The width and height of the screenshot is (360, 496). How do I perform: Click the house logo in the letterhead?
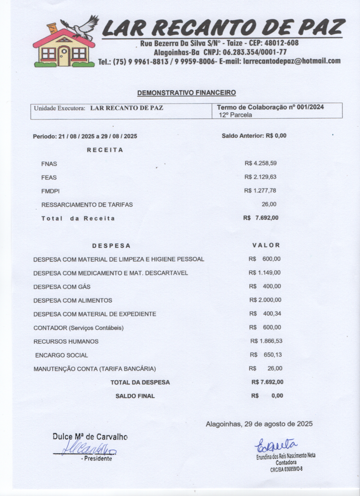(64, 49)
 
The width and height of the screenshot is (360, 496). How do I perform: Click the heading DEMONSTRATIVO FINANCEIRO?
(186, 92)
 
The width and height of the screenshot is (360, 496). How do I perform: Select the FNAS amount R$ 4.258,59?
(260, 163)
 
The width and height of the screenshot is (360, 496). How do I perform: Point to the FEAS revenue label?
(49, 177)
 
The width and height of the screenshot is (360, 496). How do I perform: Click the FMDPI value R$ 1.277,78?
(260, 191)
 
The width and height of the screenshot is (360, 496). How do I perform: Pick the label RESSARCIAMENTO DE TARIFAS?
(87, 205)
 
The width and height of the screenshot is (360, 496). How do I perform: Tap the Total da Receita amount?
(261, 218)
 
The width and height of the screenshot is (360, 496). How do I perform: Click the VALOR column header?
(266, 245)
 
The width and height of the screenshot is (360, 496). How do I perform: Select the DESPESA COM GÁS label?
(62, 287)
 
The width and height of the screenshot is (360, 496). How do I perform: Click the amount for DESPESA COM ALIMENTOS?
(265, 300)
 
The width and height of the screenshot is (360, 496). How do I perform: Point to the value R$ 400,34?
(265, 314)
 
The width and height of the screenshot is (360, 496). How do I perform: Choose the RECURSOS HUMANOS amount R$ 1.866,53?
(266, 341)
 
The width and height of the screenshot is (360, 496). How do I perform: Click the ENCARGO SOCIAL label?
(61, 355)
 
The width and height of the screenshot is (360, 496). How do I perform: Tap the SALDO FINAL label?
(135, 396)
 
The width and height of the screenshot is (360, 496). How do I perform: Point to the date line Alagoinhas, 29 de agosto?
(259, 424)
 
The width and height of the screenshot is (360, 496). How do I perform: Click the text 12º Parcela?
(235, 114)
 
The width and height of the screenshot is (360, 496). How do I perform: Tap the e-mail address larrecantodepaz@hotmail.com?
(292, 61)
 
